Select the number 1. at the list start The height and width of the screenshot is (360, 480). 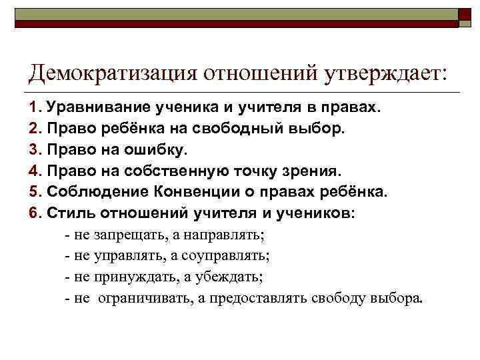(35, 107)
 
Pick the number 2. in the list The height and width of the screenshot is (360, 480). (35, 128)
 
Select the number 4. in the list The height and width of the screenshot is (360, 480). (35, 171)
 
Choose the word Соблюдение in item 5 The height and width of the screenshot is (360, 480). (89, 192)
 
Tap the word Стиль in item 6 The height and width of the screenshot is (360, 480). (69, 213)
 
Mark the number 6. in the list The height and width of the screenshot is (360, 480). (35, 213)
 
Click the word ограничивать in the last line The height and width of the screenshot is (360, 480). (147, 298)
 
